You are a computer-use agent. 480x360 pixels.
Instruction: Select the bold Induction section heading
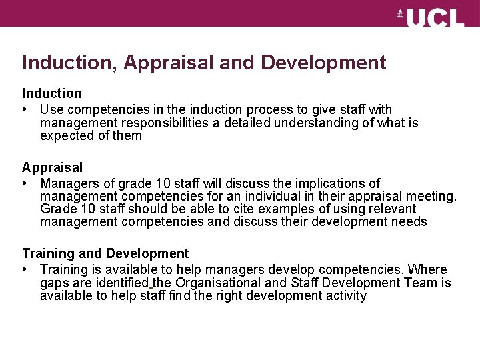52,93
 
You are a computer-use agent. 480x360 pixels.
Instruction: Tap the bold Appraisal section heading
53,167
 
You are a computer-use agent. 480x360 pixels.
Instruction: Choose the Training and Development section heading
105,253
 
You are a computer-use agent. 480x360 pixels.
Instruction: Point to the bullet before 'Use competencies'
25,109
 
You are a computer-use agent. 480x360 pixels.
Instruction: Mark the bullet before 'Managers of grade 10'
25,183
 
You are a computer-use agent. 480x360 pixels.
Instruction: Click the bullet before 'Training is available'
25,269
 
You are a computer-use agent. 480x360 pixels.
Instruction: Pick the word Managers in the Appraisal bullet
69,183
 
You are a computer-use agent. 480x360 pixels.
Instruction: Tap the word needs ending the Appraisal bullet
409,222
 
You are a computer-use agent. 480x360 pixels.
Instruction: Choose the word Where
427,269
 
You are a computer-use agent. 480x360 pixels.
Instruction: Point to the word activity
343,296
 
